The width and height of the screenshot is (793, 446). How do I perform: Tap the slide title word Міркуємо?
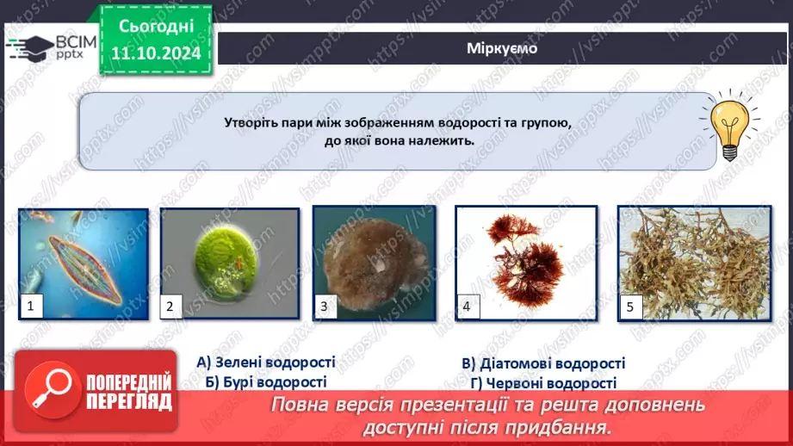click(501, 48)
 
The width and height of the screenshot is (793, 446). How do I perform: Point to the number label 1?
click(31, 305)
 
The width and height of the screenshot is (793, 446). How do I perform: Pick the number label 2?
click(170, 305)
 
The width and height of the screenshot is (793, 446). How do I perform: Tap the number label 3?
click(324, 305)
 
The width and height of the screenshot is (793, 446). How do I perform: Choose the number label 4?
click(466, 305)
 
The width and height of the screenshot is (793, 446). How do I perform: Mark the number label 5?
click(629, 305)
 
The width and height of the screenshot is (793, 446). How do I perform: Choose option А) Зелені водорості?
click(265, 362)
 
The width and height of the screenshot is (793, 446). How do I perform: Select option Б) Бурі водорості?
click(265, 381)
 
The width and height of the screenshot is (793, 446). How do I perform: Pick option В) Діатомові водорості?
click(542, 364)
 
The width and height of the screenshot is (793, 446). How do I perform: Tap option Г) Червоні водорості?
click(542, 383)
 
